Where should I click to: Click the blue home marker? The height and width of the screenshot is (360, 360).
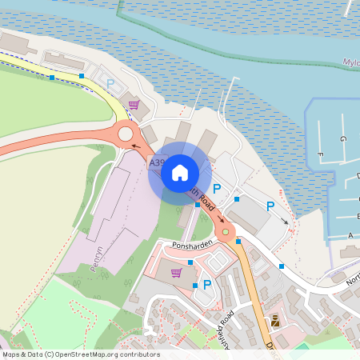(x=180, y=172)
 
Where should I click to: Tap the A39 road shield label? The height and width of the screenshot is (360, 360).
(x=157, y=162)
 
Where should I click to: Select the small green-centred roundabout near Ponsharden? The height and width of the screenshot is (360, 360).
(x=226, y=233)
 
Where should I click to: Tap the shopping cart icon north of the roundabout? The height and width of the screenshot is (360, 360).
(x=134, y=105)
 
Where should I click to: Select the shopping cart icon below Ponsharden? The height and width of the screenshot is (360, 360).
(x=176, y=272)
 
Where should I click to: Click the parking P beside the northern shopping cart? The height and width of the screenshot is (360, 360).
(x=111, y=83)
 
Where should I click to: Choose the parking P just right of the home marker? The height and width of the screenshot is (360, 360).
(x=217, y=187)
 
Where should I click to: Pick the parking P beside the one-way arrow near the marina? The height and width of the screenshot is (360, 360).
(x=270, y=206)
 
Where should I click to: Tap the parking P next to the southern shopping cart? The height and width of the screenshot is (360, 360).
(x=207, y=284)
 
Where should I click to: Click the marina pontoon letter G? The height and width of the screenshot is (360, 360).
(x=342, y=139)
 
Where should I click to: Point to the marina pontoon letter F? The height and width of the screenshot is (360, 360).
(x=320, y=154)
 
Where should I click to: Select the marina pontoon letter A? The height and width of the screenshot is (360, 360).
(x=350, y=235)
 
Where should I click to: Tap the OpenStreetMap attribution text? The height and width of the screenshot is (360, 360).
(x=81, y=354)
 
